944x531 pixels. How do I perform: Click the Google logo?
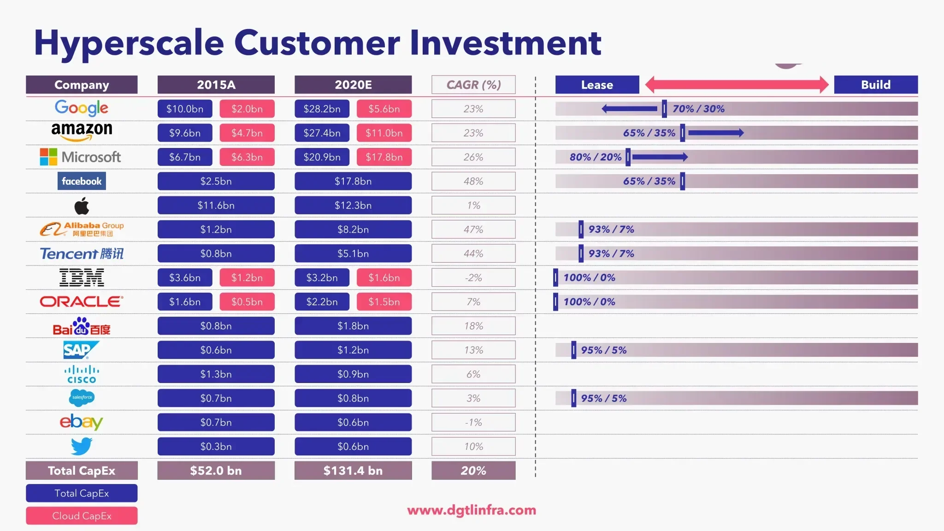[82, 108]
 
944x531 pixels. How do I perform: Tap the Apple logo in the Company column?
[82, 206]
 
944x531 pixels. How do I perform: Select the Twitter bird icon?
[82, 446]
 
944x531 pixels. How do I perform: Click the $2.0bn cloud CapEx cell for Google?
[247, 109]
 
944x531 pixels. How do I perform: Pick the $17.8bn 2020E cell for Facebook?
[353, 181]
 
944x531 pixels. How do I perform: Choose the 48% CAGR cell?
[473, 181]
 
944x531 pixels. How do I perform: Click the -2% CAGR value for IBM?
[473, 277]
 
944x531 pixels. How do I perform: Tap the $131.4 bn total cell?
[353, 471]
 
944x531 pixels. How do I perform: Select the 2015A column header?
[216, 85]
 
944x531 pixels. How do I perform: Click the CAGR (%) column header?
[473, 85]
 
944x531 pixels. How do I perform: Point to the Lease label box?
[597, 85]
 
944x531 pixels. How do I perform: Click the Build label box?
[876, 85]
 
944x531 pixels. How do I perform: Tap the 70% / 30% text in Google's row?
[698, 109]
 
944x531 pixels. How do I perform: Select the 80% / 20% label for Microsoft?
[595, 157]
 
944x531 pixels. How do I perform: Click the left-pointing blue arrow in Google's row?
[630, 109]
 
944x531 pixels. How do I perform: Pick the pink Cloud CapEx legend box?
[82, 516]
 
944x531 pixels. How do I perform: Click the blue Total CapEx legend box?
[82, 493]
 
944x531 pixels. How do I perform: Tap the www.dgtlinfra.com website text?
[472, 510]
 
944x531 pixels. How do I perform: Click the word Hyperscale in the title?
[129, 43]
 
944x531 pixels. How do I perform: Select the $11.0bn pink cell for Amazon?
[384, 133]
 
